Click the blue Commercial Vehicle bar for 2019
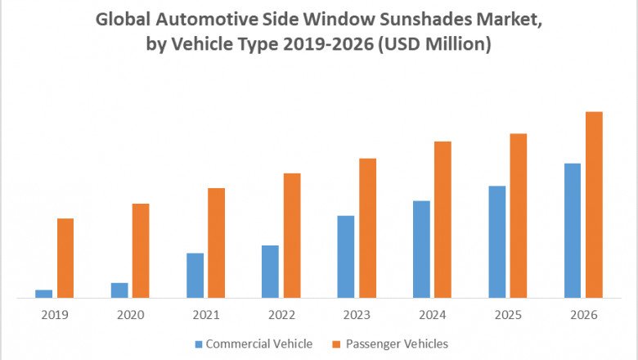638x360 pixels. coord(43,294)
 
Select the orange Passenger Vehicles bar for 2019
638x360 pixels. coord(65,258)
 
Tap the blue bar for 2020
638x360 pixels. coord(119,290)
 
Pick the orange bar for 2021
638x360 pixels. coord(216,243)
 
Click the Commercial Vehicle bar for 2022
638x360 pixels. coord(270,271)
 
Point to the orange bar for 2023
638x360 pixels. coord(367,227)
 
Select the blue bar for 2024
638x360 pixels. coord(421,249)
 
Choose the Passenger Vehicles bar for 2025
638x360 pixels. coord(519,215)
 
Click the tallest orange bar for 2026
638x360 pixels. coord(594,205)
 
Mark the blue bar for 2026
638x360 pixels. coord(573,230)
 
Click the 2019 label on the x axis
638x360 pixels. coord(55,315)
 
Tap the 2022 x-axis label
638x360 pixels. coord(281,315)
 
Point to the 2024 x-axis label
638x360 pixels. coord(433,315)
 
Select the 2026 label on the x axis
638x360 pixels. coord(584,315)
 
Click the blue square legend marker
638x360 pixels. coord(199,344)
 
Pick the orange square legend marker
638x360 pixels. coord(335,344)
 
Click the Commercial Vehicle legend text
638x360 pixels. coord(258,344)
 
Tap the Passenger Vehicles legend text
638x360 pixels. coord(396,344)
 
